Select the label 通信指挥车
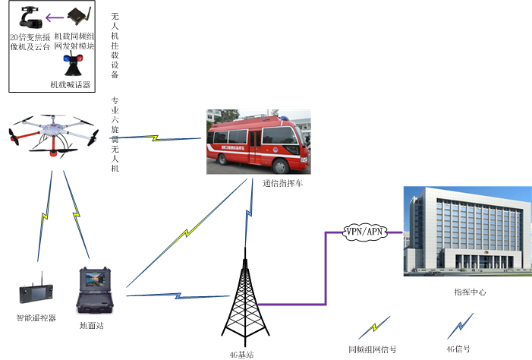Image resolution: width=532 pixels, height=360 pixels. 282,183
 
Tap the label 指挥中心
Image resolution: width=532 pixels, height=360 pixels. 469,292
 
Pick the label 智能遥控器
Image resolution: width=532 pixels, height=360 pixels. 36,317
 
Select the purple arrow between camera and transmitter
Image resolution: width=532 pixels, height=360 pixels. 52,17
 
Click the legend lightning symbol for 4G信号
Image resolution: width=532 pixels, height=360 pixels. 457,328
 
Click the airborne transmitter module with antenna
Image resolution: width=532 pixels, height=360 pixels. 78,17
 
